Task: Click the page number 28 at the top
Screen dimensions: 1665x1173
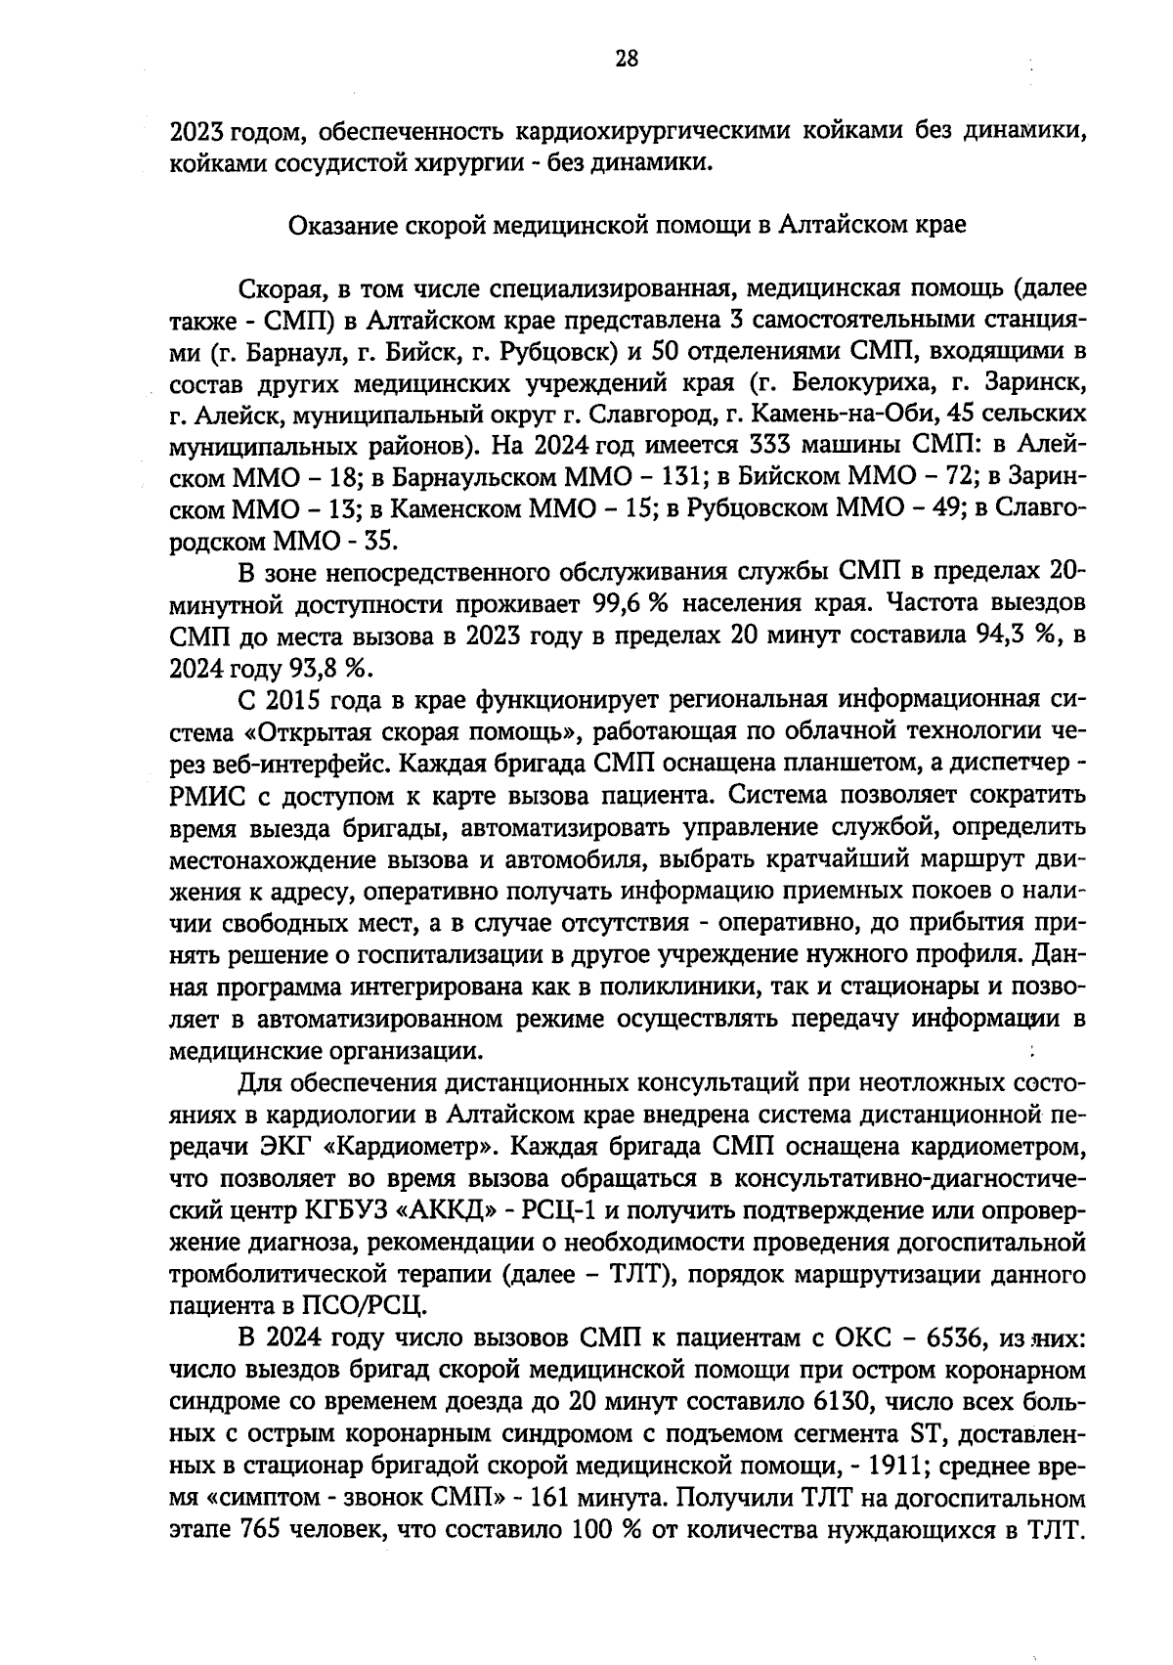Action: click(x=627, y=58)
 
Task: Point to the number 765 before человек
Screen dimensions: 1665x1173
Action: click(x=259, y=1529)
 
